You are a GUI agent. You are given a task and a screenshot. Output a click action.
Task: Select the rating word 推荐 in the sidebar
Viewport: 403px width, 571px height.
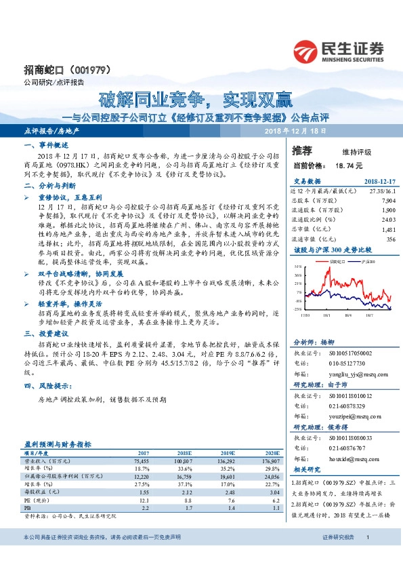click(302, 150)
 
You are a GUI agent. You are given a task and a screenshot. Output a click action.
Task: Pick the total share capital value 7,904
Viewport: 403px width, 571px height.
click(388, 201)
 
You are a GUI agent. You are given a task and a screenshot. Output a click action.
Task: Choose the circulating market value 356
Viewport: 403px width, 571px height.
click(390, 239)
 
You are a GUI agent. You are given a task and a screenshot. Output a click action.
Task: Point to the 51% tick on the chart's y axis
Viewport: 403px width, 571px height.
click(298, 267)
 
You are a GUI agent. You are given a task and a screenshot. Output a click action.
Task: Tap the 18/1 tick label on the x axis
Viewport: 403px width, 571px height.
click(327, 314)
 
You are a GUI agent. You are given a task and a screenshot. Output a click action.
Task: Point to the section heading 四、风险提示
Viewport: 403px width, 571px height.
click(46, 386)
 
